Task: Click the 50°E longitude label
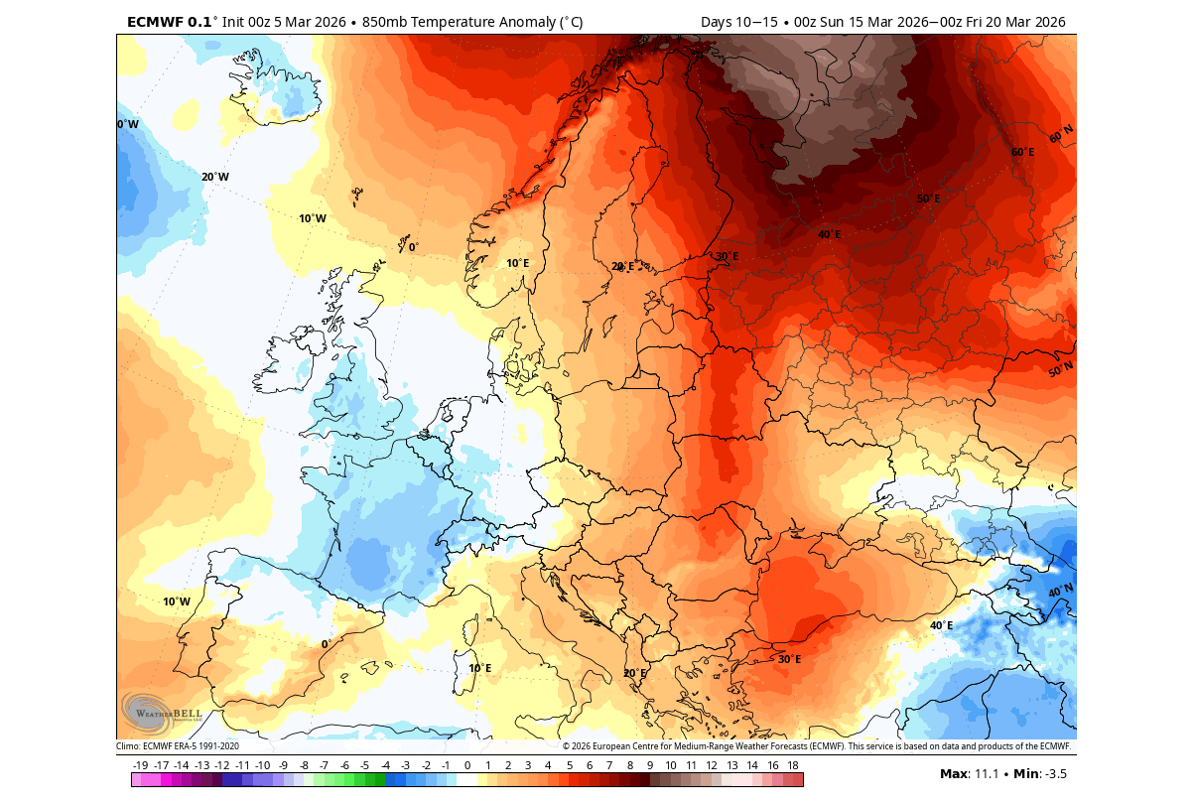pyautogui.click(x=927, y=199)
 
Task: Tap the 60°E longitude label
pyautogui.click(x=1022, y=152)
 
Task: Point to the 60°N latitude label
pyautogui.click(x=1060, y=133)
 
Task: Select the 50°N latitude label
pyautogui.click(x=1060, y=370)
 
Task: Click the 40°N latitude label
pyautogui.click(x=1060, y=592)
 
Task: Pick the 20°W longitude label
pyautogui.click(x=214, y=178)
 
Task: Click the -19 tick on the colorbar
pyautogui.click(x=141, y=765)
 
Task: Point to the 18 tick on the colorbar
pyautogui.click(x=793, y=765)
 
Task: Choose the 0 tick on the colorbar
pyautogui.click(x=467, y=765)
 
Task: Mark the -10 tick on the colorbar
pyautogui.click(x=263, y=765)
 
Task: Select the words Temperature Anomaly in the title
pyautogui.click(x=477, y=22)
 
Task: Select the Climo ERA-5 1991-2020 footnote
pyautogui.click(x=178, y=746)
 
